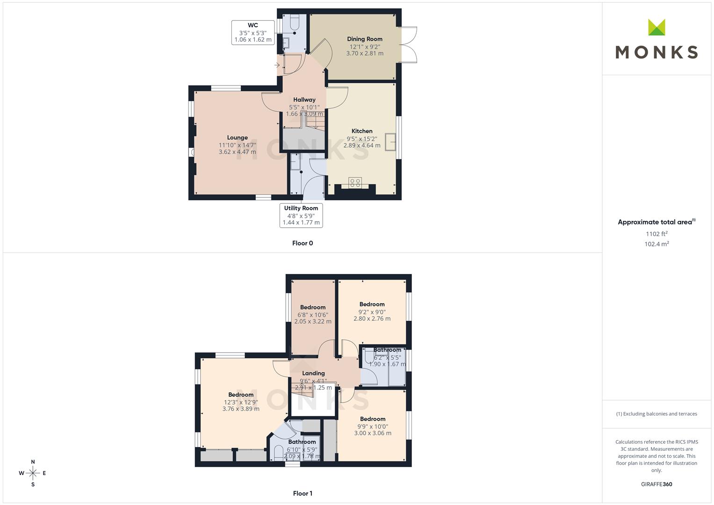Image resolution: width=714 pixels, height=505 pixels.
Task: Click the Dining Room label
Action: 365,39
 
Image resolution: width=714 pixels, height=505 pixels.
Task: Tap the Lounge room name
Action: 238,137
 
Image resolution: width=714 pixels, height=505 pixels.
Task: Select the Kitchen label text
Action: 362,131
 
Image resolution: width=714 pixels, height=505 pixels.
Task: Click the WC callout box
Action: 253,33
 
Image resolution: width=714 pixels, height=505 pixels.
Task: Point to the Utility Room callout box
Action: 301,216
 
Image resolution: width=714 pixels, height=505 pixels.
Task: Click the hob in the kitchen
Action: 355,183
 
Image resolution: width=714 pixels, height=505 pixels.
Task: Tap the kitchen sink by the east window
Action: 390,142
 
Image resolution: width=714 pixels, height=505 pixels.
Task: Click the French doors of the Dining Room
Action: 408,44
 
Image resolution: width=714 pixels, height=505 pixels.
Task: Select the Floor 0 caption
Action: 303,243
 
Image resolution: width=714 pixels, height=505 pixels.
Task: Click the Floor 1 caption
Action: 303,493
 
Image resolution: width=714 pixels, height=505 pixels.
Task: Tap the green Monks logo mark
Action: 656,27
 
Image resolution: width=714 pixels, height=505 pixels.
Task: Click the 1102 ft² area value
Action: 656,234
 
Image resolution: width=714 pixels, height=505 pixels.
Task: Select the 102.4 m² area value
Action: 656,244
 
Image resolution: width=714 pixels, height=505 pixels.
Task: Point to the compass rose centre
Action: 33,473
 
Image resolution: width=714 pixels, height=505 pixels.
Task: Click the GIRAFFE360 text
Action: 656,484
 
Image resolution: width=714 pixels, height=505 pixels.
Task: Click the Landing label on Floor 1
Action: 313,373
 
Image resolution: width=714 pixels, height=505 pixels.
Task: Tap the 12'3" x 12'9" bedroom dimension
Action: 241,402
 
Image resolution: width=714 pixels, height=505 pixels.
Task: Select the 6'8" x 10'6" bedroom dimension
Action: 313,315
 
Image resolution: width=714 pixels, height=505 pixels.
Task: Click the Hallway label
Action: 304,100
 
